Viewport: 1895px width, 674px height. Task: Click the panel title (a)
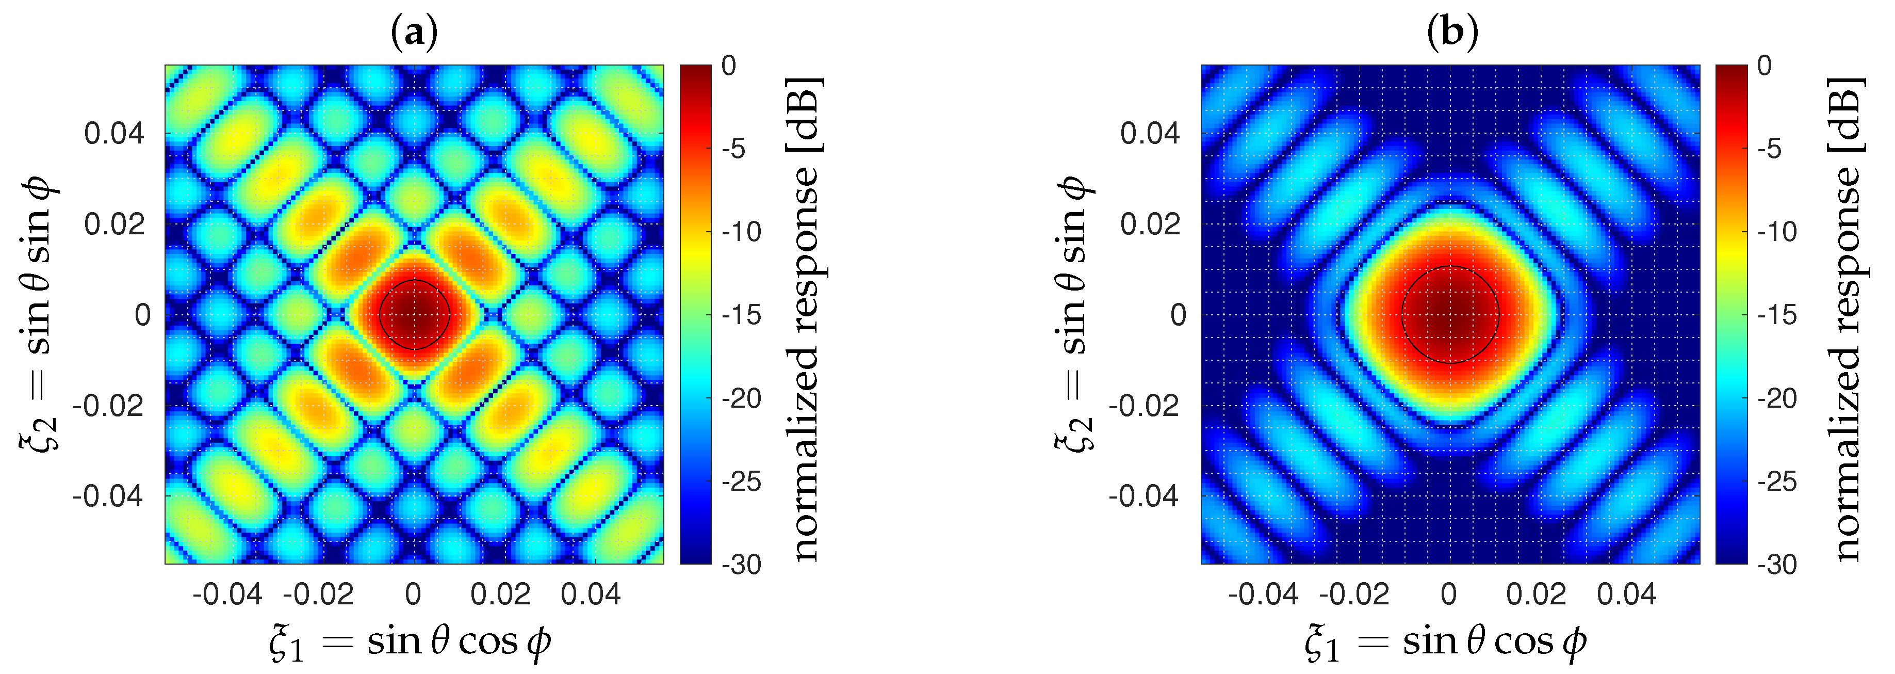point(414,33)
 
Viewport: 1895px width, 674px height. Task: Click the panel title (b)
point(1451,33)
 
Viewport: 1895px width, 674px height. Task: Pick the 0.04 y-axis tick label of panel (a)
point(114,134)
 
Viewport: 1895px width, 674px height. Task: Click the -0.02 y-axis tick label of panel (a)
point(109,406)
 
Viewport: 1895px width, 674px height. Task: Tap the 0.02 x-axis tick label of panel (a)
point(500,595)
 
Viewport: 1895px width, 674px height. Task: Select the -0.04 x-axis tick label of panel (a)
point(227,595)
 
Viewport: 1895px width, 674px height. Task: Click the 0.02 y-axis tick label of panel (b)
point(1150,224)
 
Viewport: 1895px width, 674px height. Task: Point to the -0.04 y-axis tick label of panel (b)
point(1145,496)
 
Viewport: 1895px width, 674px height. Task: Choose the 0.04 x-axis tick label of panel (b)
point(1626,595)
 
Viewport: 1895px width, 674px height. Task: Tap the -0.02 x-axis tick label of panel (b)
point(1354,595)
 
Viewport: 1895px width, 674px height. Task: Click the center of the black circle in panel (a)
point(414,315)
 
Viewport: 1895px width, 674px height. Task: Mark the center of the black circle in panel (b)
point(1450,315)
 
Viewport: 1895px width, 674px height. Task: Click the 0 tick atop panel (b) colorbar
point(1764,66)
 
